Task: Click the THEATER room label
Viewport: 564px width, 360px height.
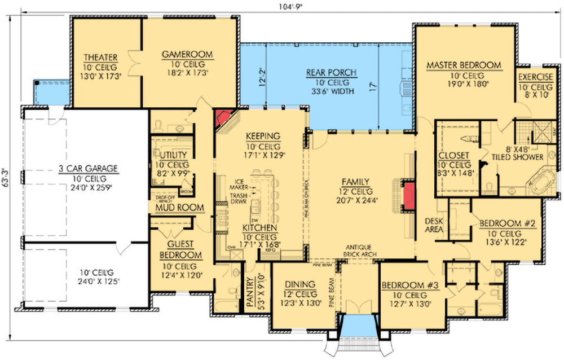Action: click(x=100, y=58)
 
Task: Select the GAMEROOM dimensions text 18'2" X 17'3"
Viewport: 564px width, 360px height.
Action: click(x=187, y=73)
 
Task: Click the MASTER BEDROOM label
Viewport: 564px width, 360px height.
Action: click(x=464, y=65)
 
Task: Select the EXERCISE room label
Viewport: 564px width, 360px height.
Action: click(x=536, y=77)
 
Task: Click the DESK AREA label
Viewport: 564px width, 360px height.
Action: click(x=433, y=226)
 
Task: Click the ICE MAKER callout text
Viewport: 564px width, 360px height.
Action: click(x=240, y=185)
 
